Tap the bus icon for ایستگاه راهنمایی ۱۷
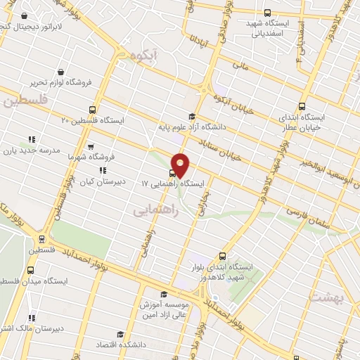coord(173,172)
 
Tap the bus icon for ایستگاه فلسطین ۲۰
coord(92,110)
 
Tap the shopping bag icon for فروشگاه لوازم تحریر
coord(62,72)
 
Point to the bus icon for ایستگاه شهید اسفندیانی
coord(266,13)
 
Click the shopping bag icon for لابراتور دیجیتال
coord(25,15)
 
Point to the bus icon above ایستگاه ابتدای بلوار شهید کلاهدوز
coord(223,256)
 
